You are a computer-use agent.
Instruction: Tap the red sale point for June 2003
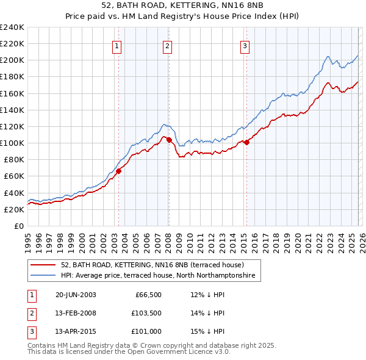pyautogui.click(x=119, y=171)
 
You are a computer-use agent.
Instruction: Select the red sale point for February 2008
pyautogui.click(x=169, y=140)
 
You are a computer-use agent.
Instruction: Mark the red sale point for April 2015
pyautogui.click(x=246, y=142)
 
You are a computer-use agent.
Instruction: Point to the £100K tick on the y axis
pyautogui.click(x=12, y=143)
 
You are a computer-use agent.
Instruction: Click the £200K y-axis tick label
pyautogui.click(x=12, y=60)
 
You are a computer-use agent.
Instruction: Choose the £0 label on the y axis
pyautogui.click(x=18, y=226)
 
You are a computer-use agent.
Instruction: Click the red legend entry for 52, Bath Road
pyautogui.click(x=152, y=265)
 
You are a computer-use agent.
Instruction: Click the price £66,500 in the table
pyautogui.click(x=147, y=294)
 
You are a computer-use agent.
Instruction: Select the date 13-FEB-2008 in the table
pyautogui.click(x=76, y=313)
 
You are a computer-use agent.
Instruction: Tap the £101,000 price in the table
pyautogui.click(x=146, y=332)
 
